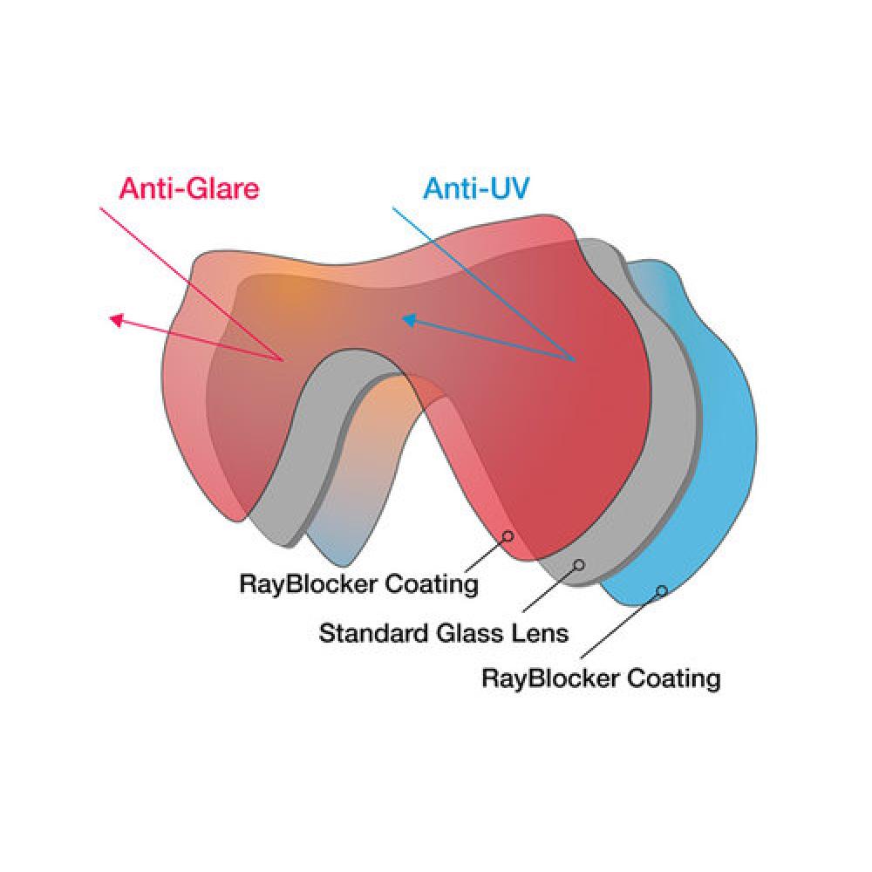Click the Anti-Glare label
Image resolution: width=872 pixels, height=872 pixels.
pos(189,189)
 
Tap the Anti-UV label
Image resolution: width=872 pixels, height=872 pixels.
pos(476,188)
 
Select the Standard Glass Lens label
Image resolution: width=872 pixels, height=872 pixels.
pos(443,632)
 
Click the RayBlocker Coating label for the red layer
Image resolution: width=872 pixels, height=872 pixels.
pos(358,583)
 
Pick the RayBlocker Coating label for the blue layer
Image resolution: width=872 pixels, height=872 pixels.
pos(601,678)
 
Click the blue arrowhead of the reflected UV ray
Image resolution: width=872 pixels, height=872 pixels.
pos(407,320)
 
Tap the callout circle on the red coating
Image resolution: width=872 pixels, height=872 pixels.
pos(507,535)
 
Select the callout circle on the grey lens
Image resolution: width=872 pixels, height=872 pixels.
pos(578,565)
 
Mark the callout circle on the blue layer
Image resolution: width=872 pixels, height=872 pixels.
pos(662,591)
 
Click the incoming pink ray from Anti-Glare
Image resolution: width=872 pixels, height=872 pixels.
pos(192,283)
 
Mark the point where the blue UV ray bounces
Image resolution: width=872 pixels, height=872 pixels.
pos(574,359)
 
